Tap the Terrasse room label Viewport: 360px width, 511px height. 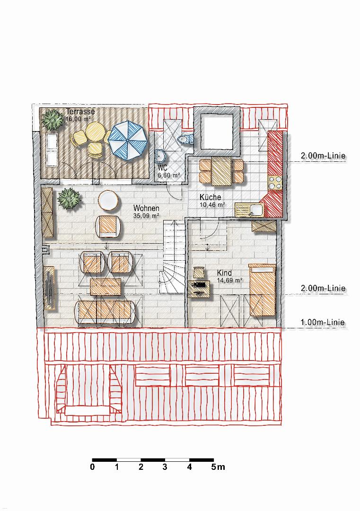click(x=80, y=112)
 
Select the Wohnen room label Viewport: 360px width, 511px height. click(x=146, y=208)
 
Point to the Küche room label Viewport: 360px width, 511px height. click(x=210, y=197)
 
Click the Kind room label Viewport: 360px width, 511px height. click(x=225, y=273)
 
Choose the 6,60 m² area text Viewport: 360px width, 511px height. click(x=169, y=176)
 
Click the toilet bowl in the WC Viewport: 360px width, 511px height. click(x=185, y=140)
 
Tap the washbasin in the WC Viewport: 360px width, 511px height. click(x=160, y=157)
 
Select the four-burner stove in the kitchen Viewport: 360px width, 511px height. click(x=275, y=183)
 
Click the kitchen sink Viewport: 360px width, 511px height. click(x=249, y=210)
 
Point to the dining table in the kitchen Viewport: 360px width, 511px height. click(x=221, y=171)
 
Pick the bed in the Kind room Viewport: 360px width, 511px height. click(x=263, y=290)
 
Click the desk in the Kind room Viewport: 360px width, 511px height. click(x=199, y=289)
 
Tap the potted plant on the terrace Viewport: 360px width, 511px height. click(x=53, y=120)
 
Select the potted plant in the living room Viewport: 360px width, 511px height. click(x=69, y=198)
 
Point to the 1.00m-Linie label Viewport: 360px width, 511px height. click(x=323, y=322)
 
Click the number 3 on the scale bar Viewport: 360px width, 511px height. click(x=165, y=467)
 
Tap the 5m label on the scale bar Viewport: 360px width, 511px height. click(x=218, y=467)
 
